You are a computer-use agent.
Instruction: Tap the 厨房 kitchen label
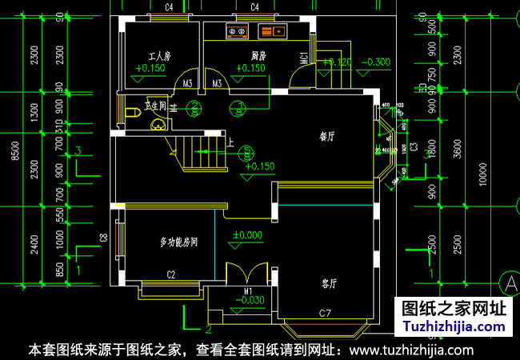pyautogui.click(x=258, y=57)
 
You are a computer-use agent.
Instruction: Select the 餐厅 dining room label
pyautogui.click(x=326, y=137)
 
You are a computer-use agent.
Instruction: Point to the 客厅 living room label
pyautogui.click(x=329, y=283)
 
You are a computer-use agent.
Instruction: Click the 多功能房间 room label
pyautogui.click(x=179, y=242)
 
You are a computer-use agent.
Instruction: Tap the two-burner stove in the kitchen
pyautogui.click(x=237, y=32)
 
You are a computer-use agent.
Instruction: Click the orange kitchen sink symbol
pyautogui.click(x=273, y=32)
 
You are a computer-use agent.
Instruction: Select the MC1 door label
pyautogui.click(x=304, y=58)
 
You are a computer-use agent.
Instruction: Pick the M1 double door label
pyautogui.click(x=249, y=291)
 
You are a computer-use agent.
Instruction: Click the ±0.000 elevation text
pyautogui.click(x=247, y=235)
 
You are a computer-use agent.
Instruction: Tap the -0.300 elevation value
pyautogui.click(x=376, y=62)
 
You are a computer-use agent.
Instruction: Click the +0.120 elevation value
pyautogui.click(x=336, y=62)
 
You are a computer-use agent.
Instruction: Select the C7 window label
pyautogui.click(x=326, y=311)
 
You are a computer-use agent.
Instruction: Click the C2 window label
pyautogui.click(x=171, y=274)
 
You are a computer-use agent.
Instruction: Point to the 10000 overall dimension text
pyautogui.click(x=482, y=172)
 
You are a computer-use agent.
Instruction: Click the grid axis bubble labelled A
pyautogui.click(x=509, y=282)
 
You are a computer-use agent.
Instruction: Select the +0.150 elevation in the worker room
pyautogui.click(x=150, y=69)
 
